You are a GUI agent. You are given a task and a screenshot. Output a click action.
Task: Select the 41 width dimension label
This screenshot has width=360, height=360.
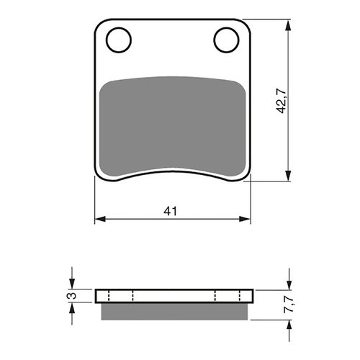171,211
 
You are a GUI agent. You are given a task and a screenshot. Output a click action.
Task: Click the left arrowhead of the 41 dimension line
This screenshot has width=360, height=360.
100,218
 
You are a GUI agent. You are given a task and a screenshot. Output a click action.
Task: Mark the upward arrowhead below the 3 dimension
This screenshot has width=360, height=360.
71,308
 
